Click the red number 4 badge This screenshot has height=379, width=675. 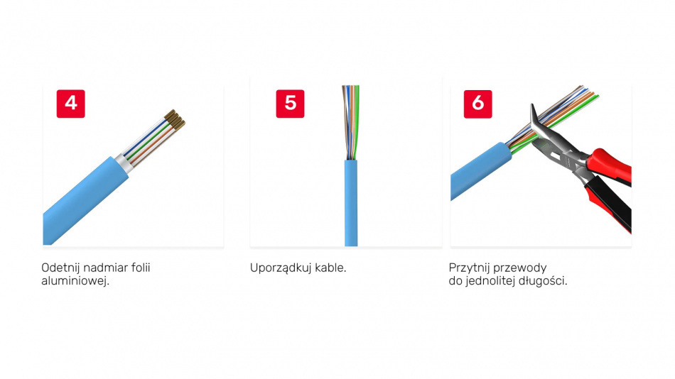tap(70, 104)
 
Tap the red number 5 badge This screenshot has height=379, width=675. tap(290, 104)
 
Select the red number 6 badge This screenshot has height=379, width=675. tap(478, 104)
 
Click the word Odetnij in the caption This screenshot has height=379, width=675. tap(60, 268)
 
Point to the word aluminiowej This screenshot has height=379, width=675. tap(75, 281)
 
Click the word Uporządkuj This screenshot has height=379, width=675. tap(281, 268)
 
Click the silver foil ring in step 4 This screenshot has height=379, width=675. tap(123, 165)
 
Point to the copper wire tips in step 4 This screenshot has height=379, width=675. tap(175, 120)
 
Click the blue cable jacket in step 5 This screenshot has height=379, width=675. tap(351, 202)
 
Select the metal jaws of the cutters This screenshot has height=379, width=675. tap(549, 140)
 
